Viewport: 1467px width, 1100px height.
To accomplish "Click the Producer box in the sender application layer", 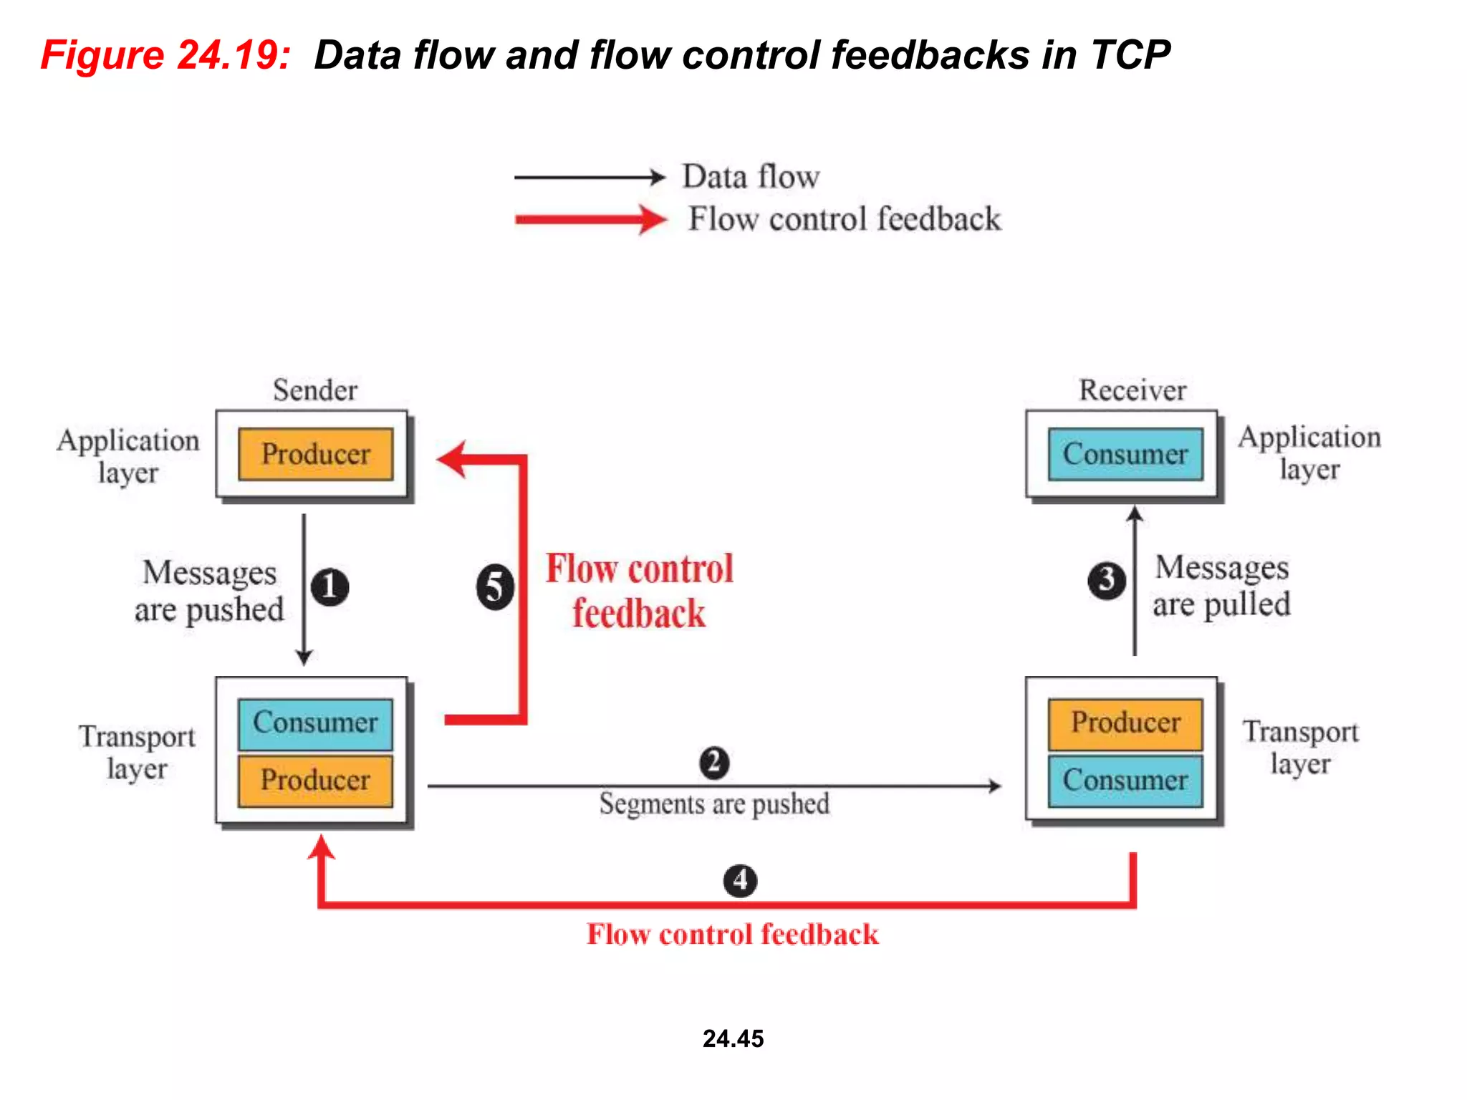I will (315, 454).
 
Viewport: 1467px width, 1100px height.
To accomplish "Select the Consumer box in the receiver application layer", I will (1125, 454).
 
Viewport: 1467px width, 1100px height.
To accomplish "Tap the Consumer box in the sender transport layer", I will (315, 723).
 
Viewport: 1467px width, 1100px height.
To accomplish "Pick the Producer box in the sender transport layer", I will (315, 780).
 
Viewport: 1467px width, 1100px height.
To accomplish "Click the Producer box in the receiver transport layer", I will (1125, 723).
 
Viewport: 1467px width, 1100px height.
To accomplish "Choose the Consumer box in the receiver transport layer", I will (1125, 780).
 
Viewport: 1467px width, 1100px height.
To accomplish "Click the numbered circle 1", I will (330, 587).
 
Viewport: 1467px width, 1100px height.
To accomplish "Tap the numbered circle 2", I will (714, 763).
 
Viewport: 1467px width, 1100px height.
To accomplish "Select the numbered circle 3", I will (1107, 580).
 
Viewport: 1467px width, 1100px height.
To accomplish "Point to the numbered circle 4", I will (740, 880).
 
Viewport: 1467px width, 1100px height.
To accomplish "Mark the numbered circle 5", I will (495, 587).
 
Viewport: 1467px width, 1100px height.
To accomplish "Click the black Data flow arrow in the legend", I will (590, 177).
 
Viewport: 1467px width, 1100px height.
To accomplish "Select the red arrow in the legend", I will (591, 219).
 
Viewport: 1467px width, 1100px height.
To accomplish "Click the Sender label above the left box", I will (315, 390).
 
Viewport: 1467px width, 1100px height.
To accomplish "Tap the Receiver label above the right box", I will (1132, 390).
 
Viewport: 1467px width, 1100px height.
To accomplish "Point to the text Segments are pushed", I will (714, 804).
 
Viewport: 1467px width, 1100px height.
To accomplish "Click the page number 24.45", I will (733, 1038).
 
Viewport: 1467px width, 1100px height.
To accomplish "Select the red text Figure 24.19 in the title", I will (165, 55).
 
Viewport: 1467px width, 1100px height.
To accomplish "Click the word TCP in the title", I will (1130, 55).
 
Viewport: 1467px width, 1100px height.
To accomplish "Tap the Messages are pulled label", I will (1221, 586).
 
